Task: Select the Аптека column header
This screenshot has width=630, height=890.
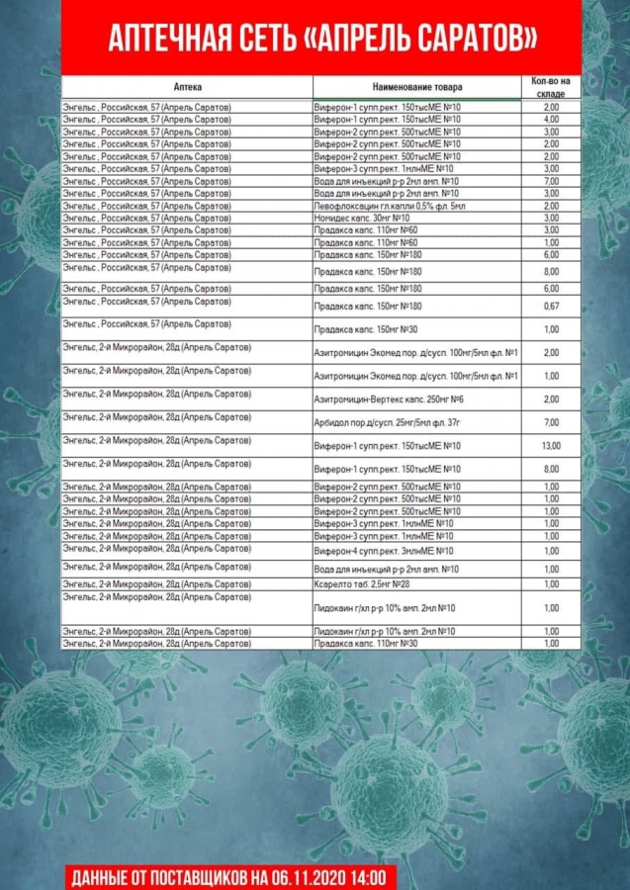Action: coord(187,87)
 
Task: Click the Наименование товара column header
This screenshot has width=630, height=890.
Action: coord(417,87)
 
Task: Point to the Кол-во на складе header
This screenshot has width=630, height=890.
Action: coord(551,86)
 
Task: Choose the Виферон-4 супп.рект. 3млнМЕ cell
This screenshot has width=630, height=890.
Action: coord(384,551)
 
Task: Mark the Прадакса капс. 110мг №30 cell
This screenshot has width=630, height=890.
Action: coord(365,644)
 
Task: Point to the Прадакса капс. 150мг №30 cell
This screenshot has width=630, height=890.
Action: coord(365,329)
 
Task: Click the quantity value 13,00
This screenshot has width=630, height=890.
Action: coord(551,446)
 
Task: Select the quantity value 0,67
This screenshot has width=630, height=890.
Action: coord(551,307)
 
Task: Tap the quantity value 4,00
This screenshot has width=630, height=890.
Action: coord(551,120)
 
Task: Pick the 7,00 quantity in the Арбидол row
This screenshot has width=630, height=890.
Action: coord(551,422)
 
